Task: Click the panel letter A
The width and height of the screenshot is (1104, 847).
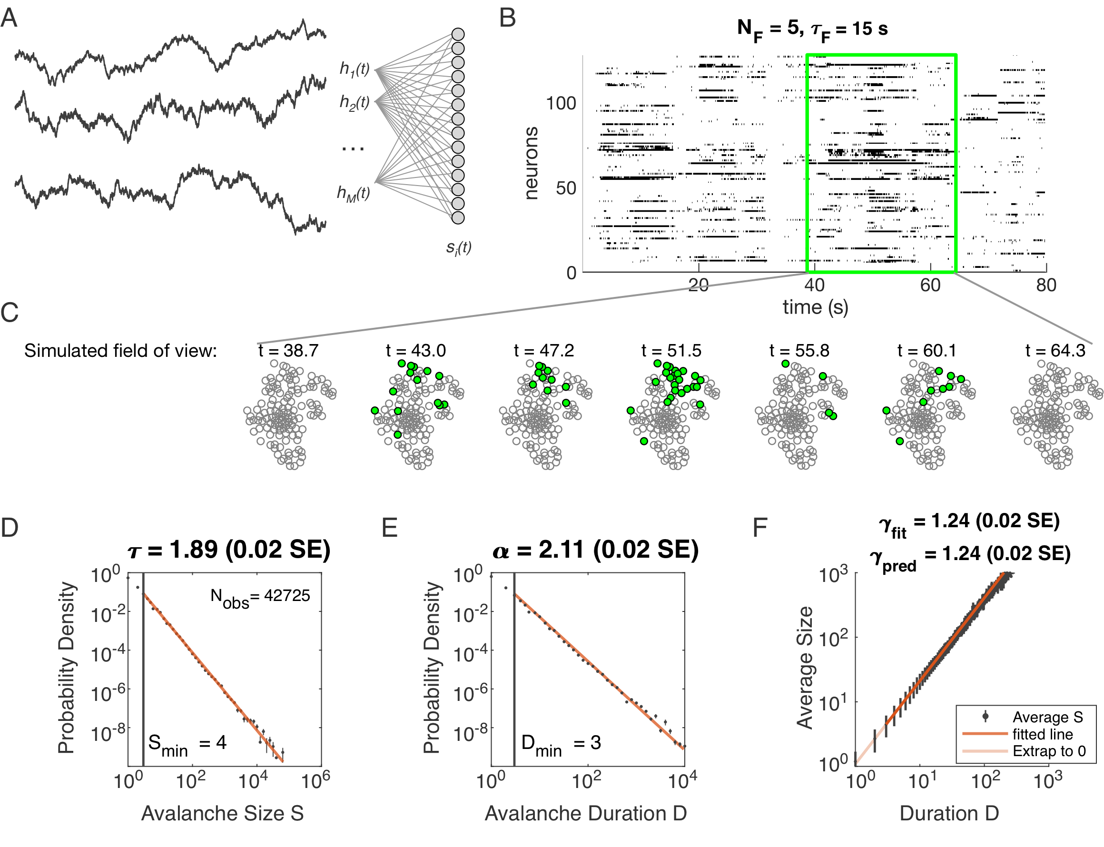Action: pos(9,19)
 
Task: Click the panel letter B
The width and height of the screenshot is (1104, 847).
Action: pos(507,18)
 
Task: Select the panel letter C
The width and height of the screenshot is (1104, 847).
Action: pos(9,313)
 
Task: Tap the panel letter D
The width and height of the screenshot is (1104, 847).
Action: pos(9,527)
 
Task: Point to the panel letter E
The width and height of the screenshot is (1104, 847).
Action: pos(389,527)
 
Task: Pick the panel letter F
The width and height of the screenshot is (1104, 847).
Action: pos(759,527)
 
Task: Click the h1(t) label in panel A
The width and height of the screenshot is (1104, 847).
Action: pos(355,69)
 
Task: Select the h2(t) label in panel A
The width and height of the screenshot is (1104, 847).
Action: pos(355,102)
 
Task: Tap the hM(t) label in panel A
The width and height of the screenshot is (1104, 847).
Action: pos(354,193)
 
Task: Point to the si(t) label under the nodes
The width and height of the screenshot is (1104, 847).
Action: pos(459,247)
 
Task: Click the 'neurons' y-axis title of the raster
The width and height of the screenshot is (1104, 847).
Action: pos(531,163)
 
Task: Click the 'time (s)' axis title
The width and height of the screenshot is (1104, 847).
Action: pos(815,307)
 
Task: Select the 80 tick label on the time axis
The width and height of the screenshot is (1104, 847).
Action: pos(1046,286)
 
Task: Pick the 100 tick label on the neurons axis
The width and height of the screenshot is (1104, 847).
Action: pos(561,103)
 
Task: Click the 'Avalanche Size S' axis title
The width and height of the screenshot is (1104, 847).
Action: pos(222,813)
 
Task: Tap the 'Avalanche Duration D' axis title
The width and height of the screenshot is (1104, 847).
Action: pos(585,813)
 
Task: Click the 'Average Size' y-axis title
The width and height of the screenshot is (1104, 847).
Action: pos(805,668)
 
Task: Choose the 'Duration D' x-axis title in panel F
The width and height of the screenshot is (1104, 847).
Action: pos(949,813)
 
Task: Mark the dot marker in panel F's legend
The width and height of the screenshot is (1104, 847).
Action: pos(985,716)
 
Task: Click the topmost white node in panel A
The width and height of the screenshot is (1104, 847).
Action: pos(458,34)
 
